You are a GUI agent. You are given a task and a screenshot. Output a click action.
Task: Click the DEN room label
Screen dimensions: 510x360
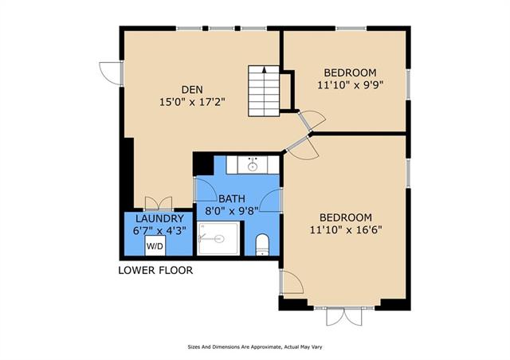tap(192, 89)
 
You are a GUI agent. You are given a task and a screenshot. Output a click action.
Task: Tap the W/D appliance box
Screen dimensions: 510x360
tap(155, 246)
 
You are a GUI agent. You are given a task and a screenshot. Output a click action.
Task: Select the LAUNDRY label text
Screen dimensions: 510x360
tap(159, 218)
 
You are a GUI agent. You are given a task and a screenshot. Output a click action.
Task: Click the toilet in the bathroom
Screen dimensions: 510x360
tap(262, 245)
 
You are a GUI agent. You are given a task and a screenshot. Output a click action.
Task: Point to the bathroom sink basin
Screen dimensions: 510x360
tap(253, 166)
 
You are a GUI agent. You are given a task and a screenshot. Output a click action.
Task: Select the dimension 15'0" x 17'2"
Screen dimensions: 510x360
tap(192, 102)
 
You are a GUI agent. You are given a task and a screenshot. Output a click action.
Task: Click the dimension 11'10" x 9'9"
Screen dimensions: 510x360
tap(351, 85)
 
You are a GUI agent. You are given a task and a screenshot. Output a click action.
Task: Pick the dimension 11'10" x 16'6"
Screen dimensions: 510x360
tap(346, 230)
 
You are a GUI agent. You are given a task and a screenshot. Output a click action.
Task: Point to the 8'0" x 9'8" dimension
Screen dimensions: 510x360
tap(232, 211)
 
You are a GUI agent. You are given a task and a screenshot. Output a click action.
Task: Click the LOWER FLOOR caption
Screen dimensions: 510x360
tap(155, 270)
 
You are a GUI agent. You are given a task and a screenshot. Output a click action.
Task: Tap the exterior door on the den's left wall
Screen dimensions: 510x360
tap(112, 73)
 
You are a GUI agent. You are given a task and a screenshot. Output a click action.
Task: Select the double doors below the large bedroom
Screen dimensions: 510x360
tap(344, 315)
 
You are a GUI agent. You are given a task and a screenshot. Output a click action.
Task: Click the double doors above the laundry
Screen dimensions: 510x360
tap(159, 204)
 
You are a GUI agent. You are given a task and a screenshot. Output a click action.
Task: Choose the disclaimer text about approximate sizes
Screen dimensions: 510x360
tap(255, 347)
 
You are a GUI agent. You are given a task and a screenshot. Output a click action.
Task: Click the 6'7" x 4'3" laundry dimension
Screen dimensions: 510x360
tap(159, 230)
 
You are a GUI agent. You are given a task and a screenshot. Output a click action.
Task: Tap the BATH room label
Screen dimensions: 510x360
tap(232, 198)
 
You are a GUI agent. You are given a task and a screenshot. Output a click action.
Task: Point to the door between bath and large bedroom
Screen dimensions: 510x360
tap(271, 201)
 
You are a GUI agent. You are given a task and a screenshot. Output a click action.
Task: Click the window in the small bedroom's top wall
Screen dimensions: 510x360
tap(351, 29)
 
